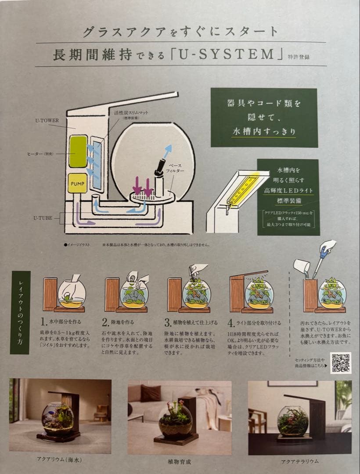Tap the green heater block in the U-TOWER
point(78,151)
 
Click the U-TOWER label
point(47,119)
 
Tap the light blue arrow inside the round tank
point(167,151)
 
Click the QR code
point(340,363)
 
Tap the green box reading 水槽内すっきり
point(263,117)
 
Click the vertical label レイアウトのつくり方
point(20,312)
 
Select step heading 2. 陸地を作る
point(122,323)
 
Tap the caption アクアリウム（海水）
point(60,460)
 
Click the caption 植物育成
point(179,461)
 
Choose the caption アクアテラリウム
point(299,461)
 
